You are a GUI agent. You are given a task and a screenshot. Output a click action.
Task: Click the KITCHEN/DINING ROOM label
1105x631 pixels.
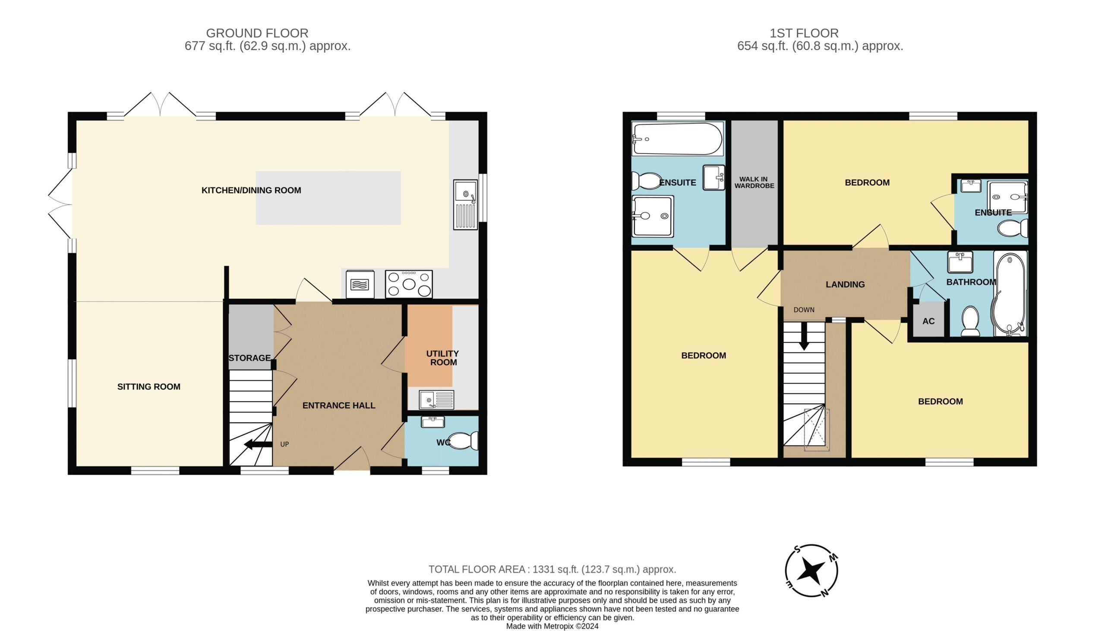pyautogui.click(x=251, y=190)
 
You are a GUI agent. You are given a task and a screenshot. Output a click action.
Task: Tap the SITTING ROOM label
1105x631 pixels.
pyautogui.click(x=149, y=386)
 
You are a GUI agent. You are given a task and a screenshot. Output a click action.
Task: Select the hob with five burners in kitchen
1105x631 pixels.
pyautogui.click(x=408, y=284)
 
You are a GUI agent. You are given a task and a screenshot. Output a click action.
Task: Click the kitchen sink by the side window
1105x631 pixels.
pyautogui.click(x=465, y=204)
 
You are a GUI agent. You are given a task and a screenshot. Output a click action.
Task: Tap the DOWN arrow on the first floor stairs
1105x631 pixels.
pyautogui.click(x=804, y=336)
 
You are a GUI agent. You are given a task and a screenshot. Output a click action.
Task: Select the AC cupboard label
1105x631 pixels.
pyautogui.click(x=928, y=321)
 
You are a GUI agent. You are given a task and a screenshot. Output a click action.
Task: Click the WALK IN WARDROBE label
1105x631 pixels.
pyautogui.click(x=754, y=182)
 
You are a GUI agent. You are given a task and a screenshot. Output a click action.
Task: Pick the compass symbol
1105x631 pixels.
pyautogui.click(x=811, y=571)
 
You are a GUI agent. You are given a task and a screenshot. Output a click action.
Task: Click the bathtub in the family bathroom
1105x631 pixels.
pyautogui.click(x=1010, y=294)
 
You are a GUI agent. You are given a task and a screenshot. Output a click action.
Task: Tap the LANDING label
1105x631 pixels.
pyautogui.click(x=845, y=285)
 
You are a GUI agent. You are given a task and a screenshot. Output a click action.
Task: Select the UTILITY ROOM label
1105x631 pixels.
pyautogui.click(x=443, y=358)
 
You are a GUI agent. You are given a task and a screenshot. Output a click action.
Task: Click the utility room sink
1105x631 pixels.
pyautogui.click(x=436, y=399)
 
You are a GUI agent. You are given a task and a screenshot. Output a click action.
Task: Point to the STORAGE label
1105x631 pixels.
pyautogui.click(x=249, y=358)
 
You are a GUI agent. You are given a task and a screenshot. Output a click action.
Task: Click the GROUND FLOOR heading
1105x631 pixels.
pyautogui.click(x=257, y=33)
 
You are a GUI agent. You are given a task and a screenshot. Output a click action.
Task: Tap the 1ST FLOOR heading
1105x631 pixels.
pyautogui.click(x=804, y=33)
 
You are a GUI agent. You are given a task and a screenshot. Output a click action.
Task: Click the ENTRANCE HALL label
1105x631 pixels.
pyautogui.click(x=339, y=405)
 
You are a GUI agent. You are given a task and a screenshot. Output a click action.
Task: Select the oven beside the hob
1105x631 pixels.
pyautogui.click(x=360, y=284)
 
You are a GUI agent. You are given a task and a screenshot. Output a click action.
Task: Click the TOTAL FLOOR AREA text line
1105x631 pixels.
pyautogui.click(x=552, y=569)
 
